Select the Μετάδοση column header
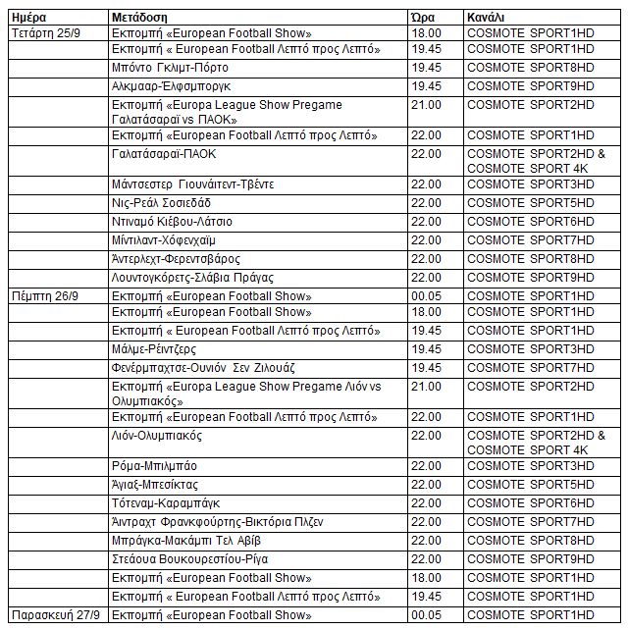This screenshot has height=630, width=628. click(x=138, y=17)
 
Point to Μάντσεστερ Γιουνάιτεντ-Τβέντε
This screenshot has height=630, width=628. click(x=192, y=184)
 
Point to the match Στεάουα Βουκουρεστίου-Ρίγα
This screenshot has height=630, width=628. click(x=185, y=559)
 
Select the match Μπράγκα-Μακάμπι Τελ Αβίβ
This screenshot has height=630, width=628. click(x=185, y=541)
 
